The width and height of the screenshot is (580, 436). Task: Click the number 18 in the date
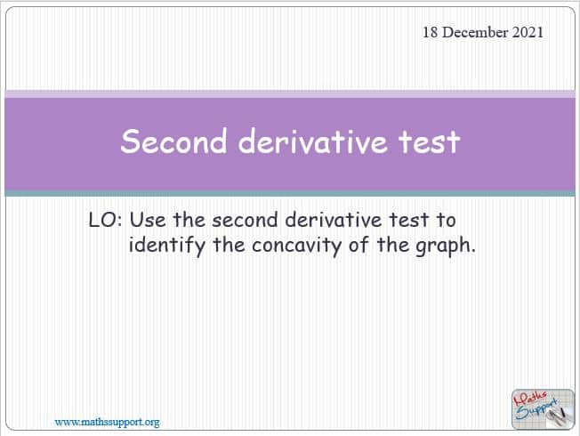[431, 32]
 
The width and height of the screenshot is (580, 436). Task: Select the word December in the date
[475, 32]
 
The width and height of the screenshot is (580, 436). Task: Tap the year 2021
[528, 32]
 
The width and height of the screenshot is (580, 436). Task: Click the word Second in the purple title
[173, 141]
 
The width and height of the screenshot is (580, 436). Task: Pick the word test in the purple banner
[429, 141]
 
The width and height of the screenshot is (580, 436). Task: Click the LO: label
[106, 220]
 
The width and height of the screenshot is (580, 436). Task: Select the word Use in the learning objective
[148, 220]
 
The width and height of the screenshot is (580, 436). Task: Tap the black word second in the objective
[245, 220]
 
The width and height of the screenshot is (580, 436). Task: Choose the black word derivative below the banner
[334, 220]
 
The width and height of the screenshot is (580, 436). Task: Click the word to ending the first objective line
[446, 221]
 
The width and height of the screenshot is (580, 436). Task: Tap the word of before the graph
[358, 245]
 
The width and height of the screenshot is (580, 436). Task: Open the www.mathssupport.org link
[107, 422]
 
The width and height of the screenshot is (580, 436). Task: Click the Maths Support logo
[543, 409]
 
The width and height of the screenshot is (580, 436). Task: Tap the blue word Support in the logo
[536, 409]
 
